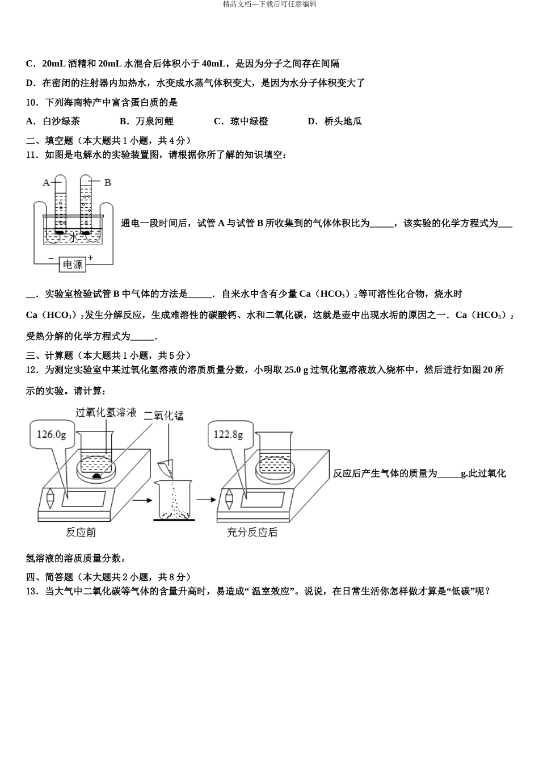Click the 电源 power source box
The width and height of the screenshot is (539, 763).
73,264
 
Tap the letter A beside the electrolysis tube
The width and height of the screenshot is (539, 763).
47,183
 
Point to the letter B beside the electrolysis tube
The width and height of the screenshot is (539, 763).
107,183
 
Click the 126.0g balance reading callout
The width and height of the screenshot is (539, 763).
51,434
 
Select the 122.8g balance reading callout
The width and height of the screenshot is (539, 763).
228,434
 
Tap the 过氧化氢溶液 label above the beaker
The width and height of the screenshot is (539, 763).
106,413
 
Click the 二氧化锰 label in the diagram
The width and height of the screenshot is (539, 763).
163,416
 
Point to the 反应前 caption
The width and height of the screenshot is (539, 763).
81,532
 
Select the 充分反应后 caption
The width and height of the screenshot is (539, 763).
252,532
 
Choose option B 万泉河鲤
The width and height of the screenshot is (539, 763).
146,121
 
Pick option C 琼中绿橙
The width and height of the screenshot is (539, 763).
241,121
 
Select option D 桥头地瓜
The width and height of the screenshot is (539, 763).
335,121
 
